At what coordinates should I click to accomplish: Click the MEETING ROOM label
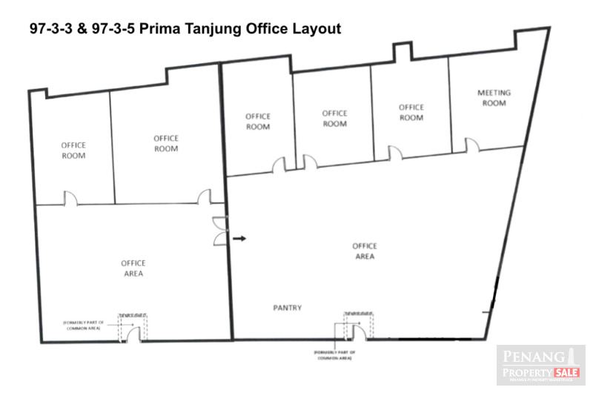(493, 98)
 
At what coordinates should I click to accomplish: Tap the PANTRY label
(286, 308)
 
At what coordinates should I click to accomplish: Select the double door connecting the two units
(218, 231)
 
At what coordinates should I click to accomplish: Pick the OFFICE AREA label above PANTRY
(364, 251)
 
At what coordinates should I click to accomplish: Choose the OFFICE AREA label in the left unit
(133, 268)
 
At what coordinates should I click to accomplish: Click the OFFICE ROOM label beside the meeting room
(411, 112)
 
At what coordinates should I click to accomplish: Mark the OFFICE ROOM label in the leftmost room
(73, 150)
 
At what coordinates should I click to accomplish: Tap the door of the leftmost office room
(70, 198)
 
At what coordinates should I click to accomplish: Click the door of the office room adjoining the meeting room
(395, 153)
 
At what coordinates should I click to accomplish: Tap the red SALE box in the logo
(566, 371)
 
